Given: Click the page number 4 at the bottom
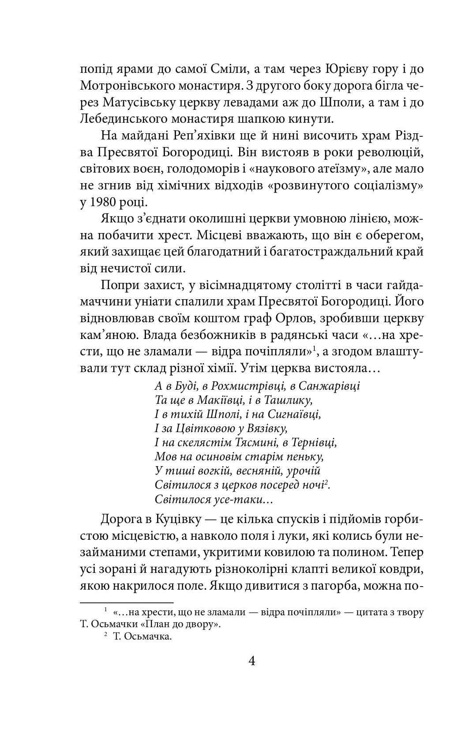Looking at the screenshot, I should (252, 661).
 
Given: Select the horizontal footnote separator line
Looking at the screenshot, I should (127, 602).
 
